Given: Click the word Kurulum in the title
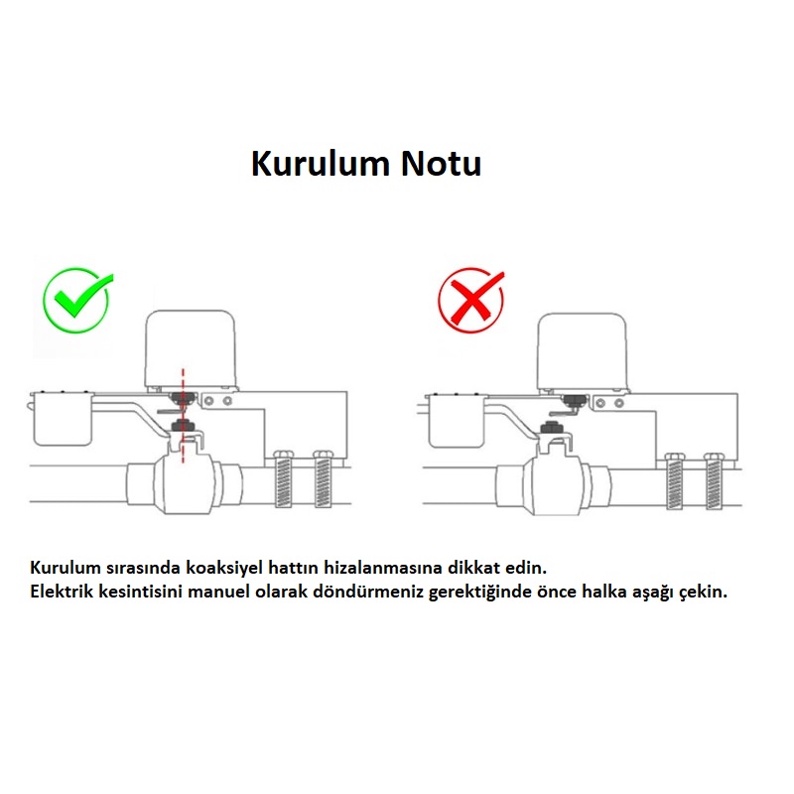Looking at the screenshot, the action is [x=320, y=164].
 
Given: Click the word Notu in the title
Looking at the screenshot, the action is [x=441, y=164].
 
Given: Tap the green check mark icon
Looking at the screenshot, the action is [x=78, y=300].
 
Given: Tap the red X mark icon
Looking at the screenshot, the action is [x=471, y=300].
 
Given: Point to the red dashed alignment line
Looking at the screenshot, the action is [x=183, y=415].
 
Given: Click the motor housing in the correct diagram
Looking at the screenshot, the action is [x=191, y=348].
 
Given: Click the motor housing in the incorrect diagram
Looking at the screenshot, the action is [x=582, y=350].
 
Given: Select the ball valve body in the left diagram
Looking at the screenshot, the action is [x=185, y=483].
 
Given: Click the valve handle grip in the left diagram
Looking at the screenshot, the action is [x=63, y=419].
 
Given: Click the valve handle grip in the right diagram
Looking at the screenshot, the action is [x=457, y=421].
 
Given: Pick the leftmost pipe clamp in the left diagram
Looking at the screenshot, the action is [x=284, y=479].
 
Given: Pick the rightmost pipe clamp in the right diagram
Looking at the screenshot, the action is [x=714, y=481].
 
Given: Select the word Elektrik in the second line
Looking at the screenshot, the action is [x=62, y=592].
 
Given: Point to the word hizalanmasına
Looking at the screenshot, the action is [x=383, y=567].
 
